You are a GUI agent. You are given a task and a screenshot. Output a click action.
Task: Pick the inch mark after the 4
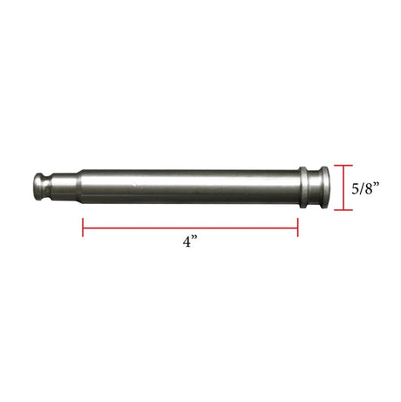(197, 239)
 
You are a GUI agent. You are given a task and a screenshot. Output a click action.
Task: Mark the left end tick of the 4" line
(83, 228)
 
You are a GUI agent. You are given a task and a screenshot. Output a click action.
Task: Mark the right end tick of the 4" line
(298, 228)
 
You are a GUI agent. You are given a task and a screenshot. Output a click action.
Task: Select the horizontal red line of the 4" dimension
(191, 228)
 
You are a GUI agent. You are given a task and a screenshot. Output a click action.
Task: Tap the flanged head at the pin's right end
(321, 187)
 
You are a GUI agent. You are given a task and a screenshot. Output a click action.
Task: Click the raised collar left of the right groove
(302, 187)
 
